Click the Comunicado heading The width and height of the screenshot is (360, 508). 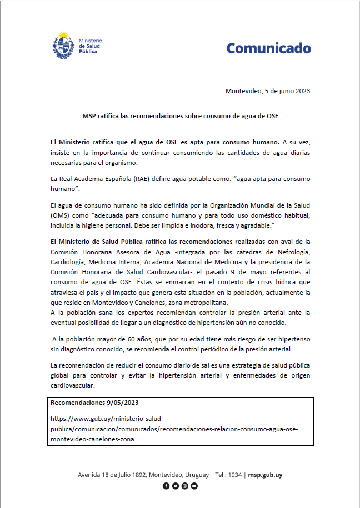point(268,48)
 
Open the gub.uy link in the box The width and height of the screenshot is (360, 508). point(174,428)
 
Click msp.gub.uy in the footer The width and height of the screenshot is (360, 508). point(265,475)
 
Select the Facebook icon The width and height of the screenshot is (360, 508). point(166,486)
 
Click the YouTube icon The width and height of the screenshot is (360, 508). point(194,486)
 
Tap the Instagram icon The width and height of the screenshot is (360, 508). point(185,486)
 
